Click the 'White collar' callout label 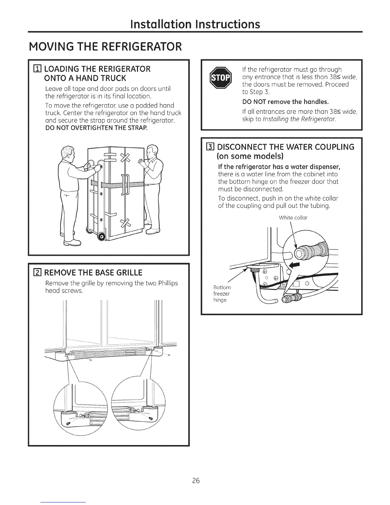pyautogui.click(x=293, y=218)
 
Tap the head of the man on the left pyautogui.click(x=68, y=153)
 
